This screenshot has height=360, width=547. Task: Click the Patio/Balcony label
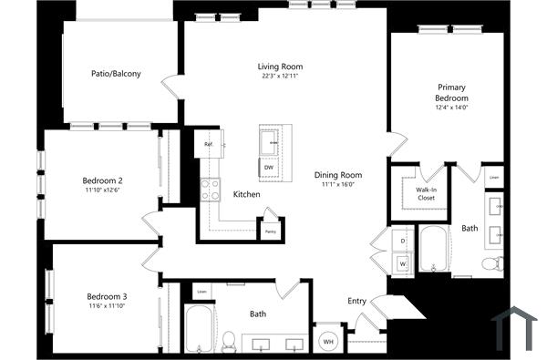point(115,74)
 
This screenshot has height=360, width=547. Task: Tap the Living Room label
point(279,67)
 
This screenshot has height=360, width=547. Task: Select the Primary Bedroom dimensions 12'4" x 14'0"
point(450,108)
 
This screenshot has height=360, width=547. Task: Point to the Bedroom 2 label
point(104,180)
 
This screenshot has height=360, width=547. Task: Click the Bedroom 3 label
point(107,296)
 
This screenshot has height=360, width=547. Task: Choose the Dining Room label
point(338,175)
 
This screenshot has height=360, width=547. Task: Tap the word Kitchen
point(246,195)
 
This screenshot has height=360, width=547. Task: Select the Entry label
point(356,301)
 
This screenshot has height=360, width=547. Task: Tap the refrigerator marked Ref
point(209,144)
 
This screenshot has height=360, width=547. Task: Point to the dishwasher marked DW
point(269,168)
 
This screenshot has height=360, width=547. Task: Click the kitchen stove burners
point(211,190)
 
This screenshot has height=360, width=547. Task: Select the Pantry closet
point(271,230)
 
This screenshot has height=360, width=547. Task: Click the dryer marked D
point(403,240)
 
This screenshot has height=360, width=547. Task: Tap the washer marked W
point(403,263)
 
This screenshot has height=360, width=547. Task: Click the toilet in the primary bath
point(492,264)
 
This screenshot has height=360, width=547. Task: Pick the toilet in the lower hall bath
point(229,341)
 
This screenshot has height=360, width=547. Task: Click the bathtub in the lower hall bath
point(197,330)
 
